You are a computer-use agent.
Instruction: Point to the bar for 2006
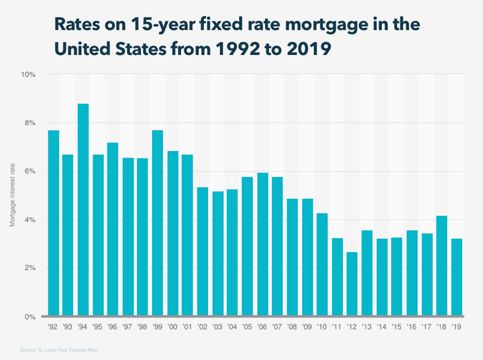pyautogui.click(x=262, y=245)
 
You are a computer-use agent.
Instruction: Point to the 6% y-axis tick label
pyautogui.click(x=30, y=172)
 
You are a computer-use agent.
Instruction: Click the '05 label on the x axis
pyautogui.click(x=247, y=328)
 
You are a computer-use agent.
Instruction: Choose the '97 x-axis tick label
pyautogui.click(x=128, y=328)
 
